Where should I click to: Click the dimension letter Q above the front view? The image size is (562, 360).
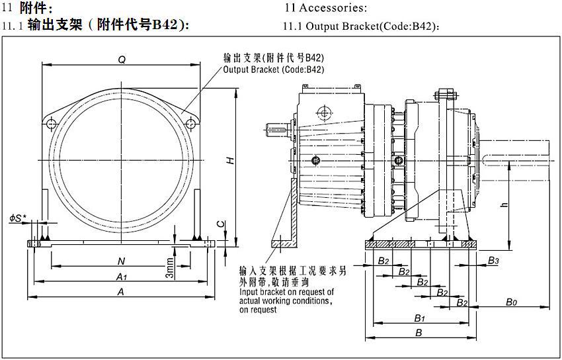[x=122, y=60]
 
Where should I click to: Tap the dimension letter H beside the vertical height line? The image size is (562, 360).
[x=229, y=160]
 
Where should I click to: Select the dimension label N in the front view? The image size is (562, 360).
[x=121, y=261]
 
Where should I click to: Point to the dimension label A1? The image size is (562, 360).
[x=121, y=276]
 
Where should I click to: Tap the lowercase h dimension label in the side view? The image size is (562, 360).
[x=504, y=205]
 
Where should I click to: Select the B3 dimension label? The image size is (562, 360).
[x=493, y=261]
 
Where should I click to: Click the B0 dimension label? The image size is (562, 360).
[x=510, y=302]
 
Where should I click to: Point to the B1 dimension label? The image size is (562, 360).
[x=419, y=318]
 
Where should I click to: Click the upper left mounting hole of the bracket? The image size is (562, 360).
[x=52, y=123]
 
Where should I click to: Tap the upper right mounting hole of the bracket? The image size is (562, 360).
[x=190, y=123]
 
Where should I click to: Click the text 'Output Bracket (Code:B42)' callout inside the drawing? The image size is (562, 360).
[x=274, y=69]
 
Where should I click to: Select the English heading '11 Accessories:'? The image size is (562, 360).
[x=325, y=9]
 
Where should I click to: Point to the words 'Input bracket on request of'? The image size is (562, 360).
[x=286, y=292]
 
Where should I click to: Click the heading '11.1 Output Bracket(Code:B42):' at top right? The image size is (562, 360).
[x=361, y=27]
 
